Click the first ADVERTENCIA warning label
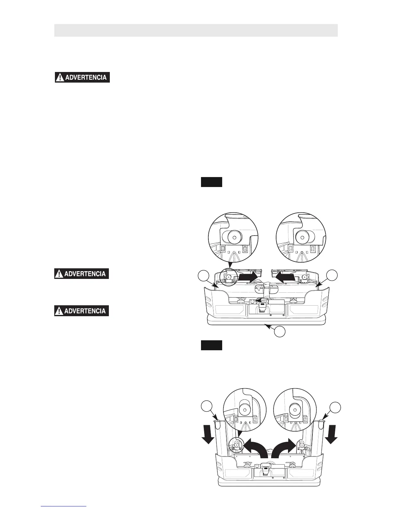(82, 77)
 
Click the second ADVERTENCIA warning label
(82, 274)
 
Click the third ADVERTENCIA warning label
(82, 311)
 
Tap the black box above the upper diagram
(212, 182)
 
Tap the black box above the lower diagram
(212, 345)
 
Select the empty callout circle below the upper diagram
(280, 332)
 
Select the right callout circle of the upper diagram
(332, 276)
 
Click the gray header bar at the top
(196, 30)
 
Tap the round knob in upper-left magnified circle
(234, 237)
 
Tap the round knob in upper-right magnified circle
(302, 237)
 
